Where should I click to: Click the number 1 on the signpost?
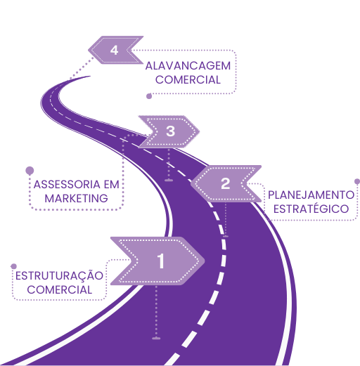(161, 261)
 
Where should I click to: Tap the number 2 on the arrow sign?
(226, 183)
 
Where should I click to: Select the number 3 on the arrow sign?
(171, 131)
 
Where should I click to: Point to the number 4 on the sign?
(114, 50)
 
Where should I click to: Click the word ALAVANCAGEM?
(188, 66)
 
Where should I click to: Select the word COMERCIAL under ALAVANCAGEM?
(188, 80)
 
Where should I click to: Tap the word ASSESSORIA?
(67, 185)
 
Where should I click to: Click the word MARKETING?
(76, 199)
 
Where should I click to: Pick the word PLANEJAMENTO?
(311, 195)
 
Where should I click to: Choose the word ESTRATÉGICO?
(311, 209)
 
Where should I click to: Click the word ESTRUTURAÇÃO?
(59, 275)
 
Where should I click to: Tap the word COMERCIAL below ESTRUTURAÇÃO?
(60, 290)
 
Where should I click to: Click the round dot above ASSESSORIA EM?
(30, 171)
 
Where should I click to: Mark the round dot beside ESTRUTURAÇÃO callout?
(14, 266)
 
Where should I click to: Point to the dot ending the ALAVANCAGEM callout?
(149, 96)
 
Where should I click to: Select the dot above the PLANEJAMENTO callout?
(357, 181)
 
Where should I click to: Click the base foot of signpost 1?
(156, 339)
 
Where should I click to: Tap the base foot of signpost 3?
(169, 181)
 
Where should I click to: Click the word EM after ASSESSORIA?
(112, 185)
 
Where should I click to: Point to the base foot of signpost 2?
(226, 237)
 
